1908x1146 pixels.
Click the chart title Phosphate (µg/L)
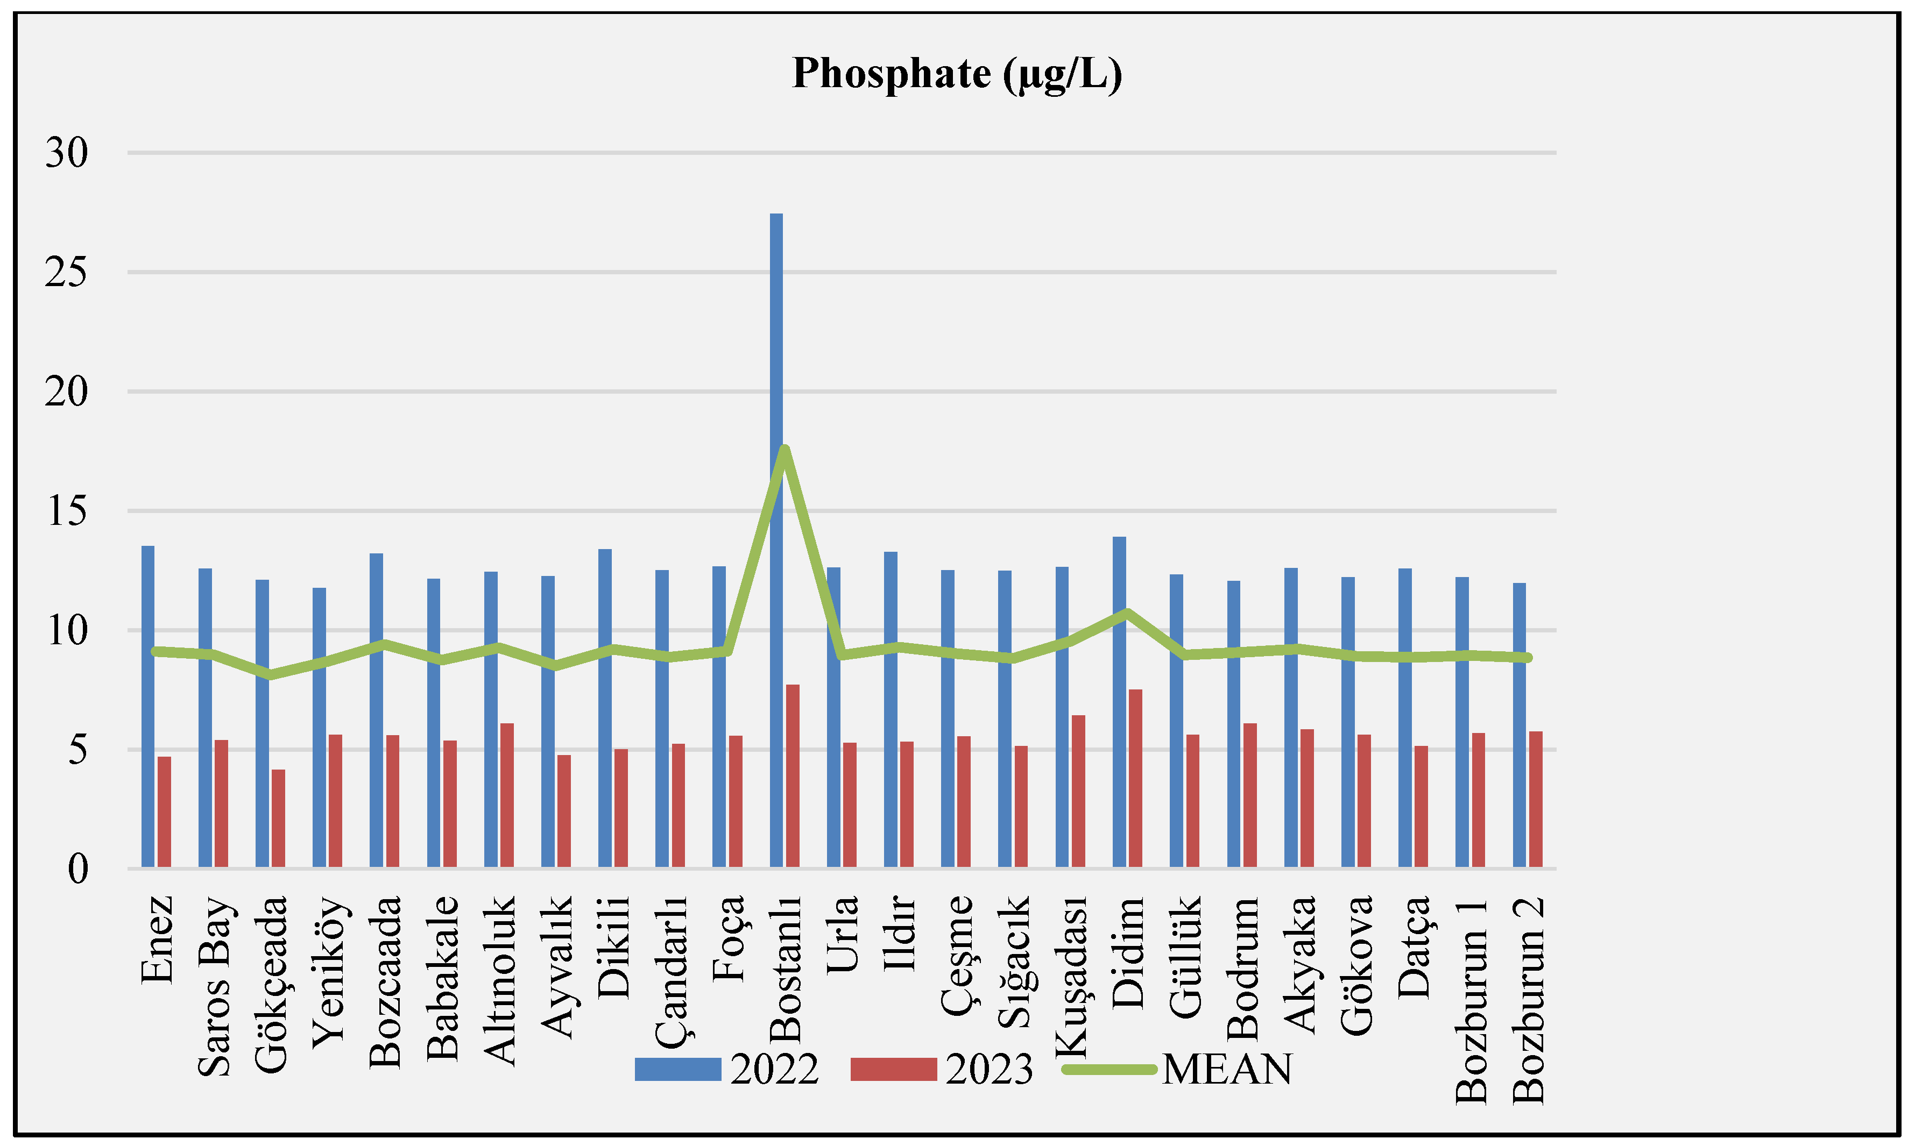coord(956,74)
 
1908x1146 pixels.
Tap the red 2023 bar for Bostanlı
coord(793,776)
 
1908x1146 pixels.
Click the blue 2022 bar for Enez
coord(147,707)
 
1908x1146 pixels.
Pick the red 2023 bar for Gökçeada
coord(278,818)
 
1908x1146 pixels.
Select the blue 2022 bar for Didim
coord(1119,703)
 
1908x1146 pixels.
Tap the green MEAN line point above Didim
coord(1128,613)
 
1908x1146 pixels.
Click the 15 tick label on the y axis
coord(66,511)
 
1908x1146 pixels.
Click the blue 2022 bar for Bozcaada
coord(376,710)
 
